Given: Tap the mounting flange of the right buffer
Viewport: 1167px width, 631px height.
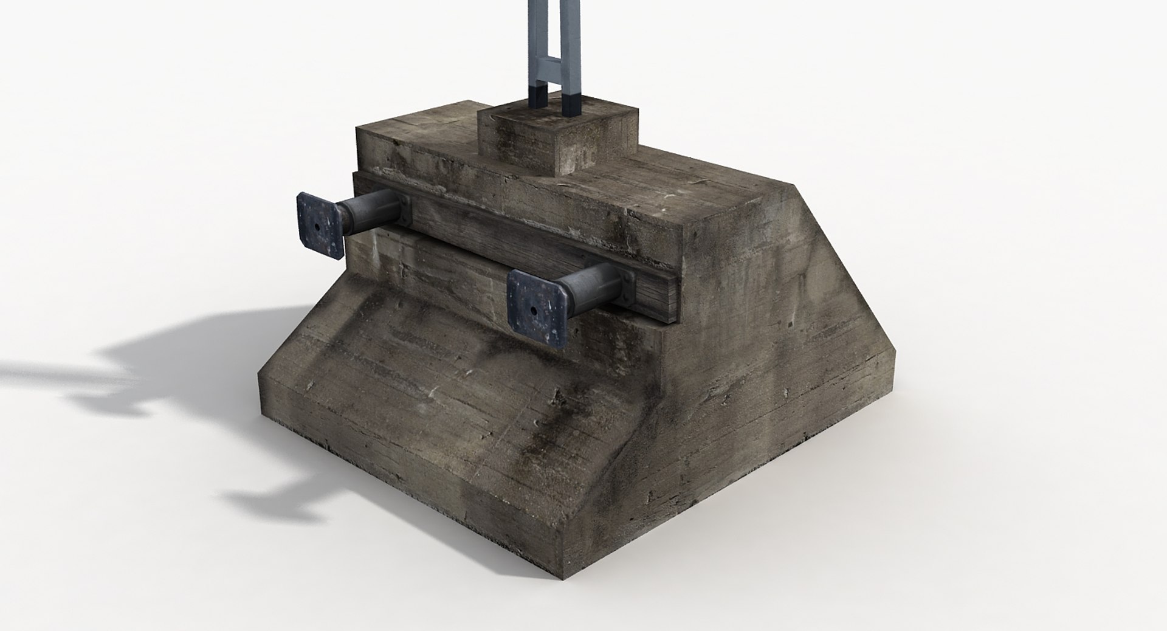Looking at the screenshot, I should (626, 286).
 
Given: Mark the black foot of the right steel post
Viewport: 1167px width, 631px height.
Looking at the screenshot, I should (574, 103).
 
